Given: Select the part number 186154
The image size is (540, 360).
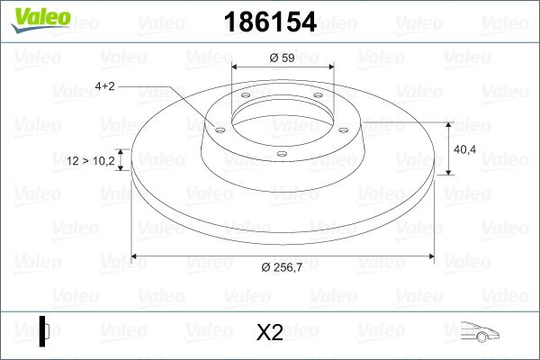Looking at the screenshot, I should tap(269, 21).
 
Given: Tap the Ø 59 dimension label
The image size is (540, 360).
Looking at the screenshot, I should tap(283, 58).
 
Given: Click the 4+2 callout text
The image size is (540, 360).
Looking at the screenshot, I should tap(103, 86).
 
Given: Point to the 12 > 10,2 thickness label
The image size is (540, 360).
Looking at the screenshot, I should tap(91, 161).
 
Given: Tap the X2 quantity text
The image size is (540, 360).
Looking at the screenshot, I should tap(269, 333).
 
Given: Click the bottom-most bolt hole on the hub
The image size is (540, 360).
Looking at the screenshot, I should tap(282, 154).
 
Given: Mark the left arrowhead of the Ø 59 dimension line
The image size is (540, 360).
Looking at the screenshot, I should tap(238, 69).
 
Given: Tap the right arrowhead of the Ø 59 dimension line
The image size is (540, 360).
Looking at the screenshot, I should tap(328, 69).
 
